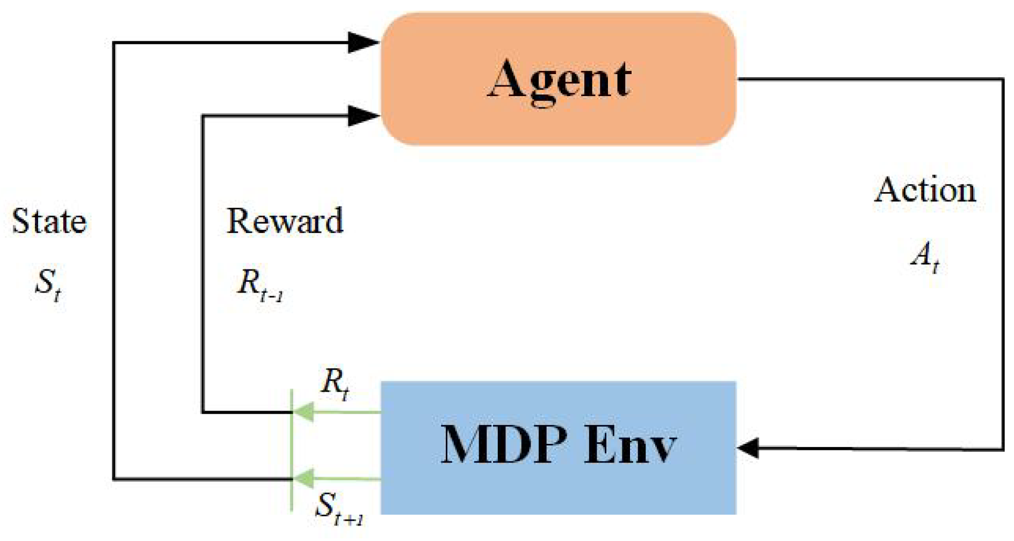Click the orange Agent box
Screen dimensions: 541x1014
pyautogui.click(x=559, y=123)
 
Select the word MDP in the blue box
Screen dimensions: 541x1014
pyautogui.click(x=504, y=444)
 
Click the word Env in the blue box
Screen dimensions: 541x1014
pyautogui.click(x=629, y=444)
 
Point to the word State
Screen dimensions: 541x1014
pyautogui.click(x=49, y=221)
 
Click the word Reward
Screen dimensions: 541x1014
pyautogui.click(x=285, y=221)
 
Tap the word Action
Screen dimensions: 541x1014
pyautogui.click(x=925, y=190)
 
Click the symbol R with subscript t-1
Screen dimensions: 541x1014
pyautogui.click(x=259, y=284)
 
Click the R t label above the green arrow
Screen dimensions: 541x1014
pyautogui.click(x=334, y=384)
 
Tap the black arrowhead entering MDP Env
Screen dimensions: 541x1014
pyautogui.click(x=749, y=448)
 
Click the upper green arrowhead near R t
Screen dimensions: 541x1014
pyautogui.click(x=303, y=412)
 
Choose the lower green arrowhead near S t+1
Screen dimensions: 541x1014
pyautogui.click(x=303, y=479)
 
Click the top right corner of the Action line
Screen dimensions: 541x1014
pyautogui.click(x=1002, y=79)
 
